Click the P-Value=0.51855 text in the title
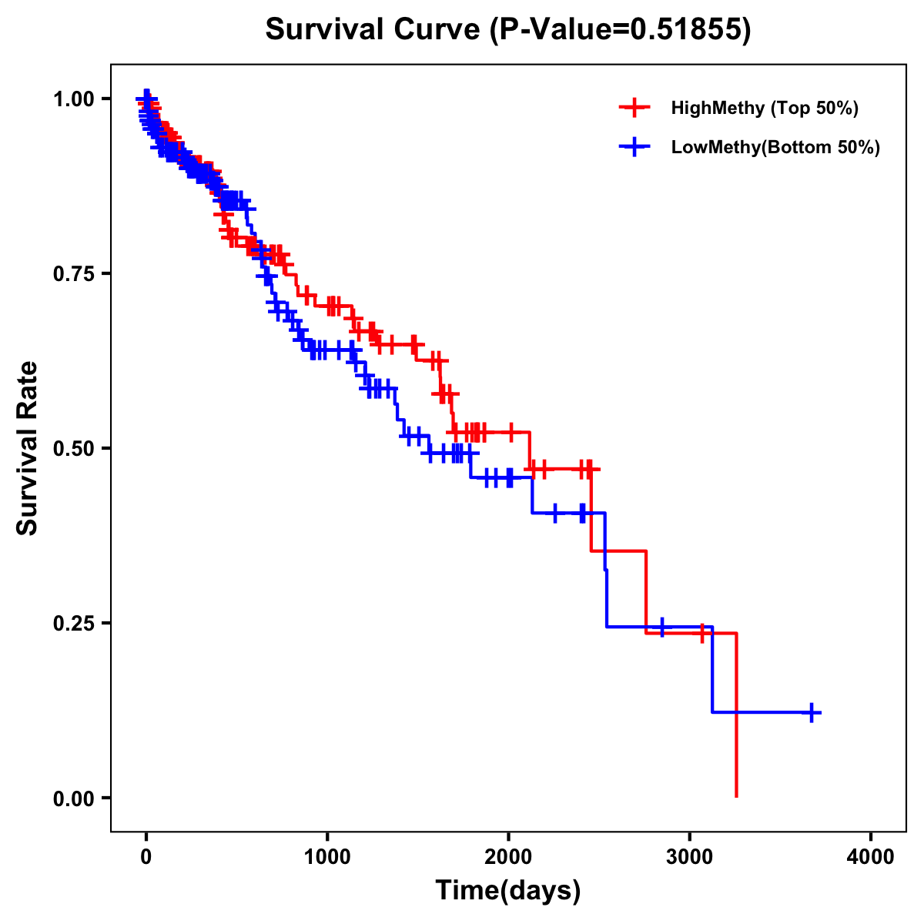(x=621, y=29)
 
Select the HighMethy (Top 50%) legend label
(x=764, y=108)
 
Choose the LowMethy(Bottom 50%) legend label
(x=775, y=147)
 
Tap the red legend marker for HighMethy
(x=634, y=108)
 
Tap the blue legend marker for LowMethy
(x=634, y=147)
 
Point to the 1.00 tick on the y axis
(x=73, y=99)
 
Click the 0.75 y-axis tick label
(x=73, y=273)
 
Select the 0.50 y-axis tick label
(x=73, y=448)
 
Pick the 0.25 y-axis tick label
(x=73, y=623)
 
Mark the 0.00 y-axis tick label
(x=73, y=798)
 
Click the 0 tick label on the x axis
(x=146, y=856)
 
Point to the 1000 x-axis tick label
(x=327, y=856)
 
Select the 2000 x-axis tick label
(x=508, y=856)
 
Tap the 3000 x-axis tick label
(x=690, y=856)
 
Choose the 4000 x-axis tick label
(x=871, y=856)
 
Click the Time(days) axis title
(x=508, y=891)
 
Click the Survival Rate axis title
(x=28, y=448)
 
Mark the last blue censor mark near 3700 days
(x=811, y=712)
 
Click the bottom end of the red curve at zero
(x=737, y=795)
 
